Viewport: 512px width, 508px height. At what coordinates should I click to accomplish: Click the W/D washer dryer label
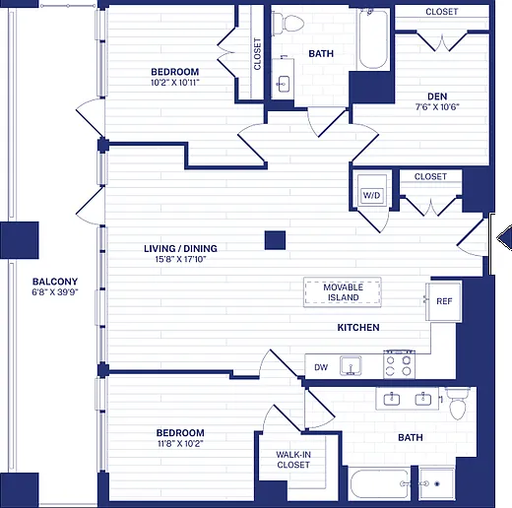(371, 195)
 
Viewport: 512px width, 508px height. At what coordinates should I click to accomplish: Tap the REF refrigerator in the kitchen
(444, 301)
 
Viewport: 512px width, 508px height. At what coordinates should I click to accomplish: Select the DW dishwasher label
(321, 367)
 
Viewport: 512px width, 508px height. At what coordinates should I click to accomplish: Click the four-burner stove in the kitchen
(399, 364)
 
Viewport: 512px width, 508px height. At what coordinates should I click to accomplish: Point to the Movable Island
(343, 292)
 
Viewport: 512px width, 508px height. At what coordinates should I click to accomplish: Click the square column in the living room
(275, 240)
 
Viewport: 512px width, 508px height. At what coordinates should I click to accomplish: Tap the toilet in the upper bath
(288, 24)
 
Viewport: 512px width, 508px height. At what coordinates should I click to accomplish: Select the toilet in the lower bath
(458, 404)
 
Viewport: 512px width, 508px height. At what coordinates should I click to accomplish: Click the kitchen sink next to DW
(351, 365)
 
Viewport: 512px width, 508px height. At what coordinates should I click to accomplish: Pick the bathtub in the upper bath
(373, 38)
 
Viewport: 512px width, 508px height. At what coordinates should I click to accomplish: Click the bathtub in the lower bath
(380, 484)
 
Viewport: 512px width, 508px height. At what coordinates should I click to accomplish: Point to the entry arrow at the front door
(504, 238)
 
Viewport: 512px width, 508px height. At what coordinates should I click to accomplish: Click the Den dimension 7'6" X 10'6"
(437, 107)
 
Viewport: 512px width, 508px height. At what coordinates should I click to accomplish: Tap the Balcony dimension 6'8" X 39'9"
(55, 292)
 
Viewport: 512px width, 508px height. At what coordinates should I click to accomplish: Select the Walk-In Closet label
(293, 460)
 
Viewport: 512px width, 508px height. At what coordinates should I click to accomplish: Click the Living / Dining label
(180, 248)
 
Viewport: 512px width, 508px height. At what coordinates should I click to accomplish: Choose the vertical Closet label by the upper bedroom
(257, 54)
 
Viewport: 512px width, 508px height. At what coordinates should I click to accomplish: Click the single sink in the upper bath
(283, 84)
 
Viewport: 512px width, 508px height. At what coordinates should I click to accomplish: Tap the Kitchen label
(358, 327)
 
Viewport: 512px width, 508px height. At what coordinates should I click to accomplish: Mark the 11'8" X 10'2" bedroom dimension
(180, 444)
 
